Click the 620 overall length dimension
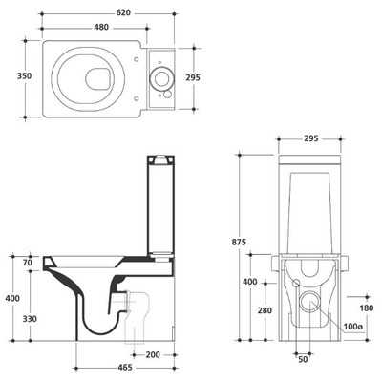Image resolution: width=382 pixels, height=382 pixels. coord(123,12)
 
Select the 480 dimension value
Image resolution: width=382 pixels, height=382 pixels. coord(101,28)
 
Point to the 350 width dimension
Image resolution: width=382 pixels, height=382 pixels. coord(24,76)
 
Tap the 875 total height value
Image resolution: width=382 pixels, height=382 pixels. coord(239,242)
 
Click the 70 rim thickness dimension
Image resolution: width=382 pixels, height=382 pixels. coord(28,263)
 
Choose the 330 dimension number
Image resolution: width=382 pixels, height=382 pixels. coord(30,319)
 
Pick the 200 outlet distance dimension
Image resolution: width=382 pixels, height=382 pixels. coord(153,354)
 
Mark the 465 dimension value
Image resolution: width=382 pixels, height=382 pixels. coord(124,368)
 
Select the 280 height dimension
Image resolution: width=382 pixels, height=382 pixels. coord(265,310)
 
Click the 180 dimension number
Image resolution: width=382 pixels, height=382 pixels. coord(366,308)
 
